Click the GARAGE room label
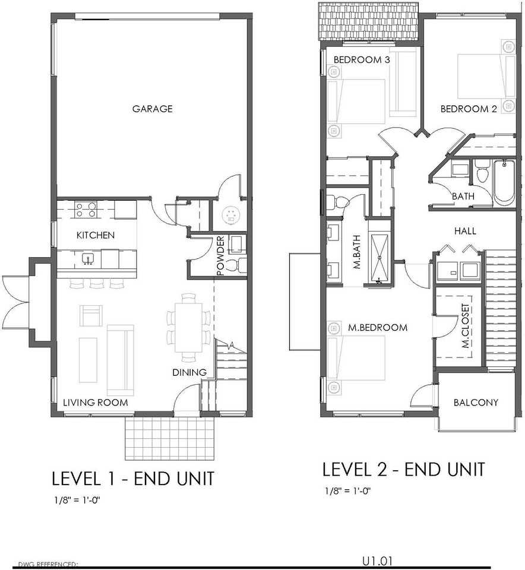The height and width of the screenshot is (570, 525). (x=153, y=109)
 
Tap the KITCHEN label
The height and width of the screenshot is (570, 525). (x=96, y=235)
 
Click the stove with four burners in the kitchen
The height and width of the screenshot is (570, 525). (x=86, y=210)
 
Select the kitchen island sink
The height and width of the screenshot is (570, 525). (x=88, y=259)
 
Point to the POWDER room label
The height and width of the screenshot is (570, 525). (x=221, y=256)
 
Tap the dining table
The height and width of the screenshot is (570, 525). (x=188, y=328)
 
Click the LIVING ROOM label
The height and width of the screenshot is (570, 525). (x=96, y=403)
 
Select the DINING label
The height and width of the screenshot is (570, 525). (x=189, y=372)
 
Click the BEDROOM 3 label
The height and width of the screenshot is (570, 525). (x=362, y=59)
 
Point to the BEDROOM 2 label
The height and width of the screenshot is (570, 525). (x=469, y=109)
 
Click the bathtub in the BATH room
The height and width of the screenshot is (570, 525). (x=504, y=183)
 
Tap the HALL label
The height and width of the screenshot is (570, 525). (x=466, y=231)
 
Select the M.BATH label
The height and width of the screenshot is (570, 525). (x=357, y=252)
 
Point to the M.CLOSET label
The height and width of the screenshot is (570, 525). (x=466, y=326)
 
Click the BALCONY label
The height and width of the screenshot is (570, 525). (x=476, y=403)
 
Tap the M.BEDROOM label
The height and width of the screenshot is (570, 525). (x=378, y=328)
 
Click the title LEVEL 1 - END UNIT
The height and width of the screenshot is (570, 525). (x=133, y=479)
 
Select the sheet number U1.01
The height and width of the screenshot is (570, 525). (x=377, y=561)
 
